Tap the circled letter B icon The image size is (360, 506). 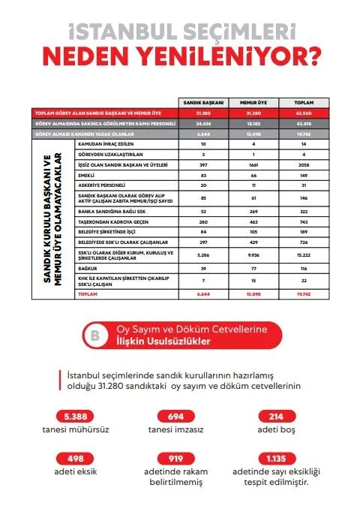(95, 336)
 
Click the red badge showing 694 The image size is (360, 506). (176, 417)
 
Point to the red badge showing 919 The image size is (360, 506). (176, 459)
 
